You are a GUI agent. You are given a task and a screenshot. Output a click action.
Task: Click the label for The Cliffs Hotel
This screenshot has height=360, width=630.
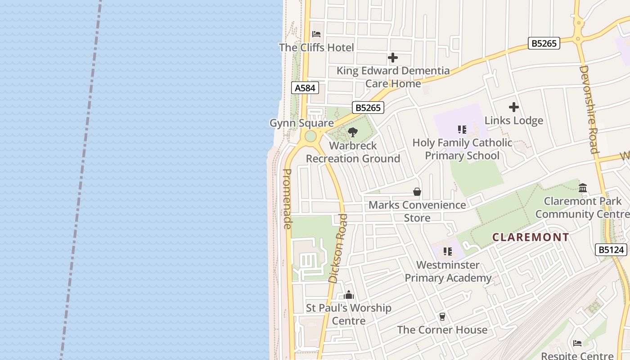[316, 48]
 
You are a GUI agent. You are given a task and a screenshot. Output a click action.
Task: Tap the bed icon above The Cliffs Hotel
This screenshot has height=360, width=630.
[316, 34]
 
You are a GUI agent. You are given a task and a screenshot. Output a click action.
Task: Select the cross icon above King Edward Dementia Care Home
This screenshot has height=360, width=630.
[393, 58]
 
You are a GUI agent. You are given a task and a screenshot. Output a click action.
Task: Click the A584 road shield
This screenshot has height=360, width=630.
[305, 88]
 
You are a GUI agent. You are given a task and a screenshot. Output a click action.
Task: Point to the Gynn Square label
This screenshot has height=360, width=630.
[301, 123]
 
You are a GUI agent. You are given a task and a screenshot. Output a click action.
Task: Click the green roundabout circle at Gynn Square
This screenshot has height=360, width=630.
[310, 136]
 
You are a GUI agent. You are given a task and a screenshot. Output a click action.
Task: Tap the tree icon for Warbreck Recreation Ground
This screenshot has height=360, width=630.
[353, 132]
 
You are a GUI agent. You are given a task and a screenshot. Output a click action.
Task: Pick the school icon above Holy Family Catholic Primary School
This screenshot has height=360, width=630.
[462, 130]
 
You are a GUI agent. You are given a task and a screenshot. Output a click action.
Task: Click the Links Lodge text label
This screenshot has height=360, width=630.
[513, 121]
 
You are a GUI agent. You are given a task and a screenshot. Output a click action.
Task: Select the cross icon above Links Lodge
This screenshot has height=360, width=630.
[513, 107]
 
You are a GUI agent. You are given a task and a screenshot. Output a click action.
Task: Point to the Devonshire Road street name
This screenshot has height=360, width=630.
[589, 109]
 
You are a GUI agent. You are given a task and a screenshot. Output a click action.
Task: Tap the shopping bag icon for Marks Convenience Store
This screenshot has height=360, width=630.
[417, 192]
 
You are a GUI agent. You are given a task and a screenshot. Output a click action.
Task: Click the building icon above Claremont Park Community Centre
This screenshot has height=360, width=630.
[583, 188]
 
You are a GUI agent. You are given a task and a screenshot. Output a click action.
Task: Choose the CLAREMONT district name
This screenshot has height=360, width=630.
[531, 237]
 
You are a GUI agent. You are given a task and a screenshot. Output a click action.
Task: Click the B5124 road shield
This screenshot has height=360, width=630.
[611, 250]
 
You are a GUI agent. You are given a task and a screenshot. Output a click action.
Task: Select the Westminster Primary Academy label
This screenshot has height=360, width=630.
[448, 271]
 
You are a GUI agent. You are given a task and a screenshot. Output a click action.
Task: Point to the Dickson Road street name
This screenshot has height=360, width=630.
[338, 248]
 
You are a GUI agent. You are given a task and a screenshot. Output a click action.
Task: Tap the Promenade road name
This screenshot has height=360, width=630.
[288, 198]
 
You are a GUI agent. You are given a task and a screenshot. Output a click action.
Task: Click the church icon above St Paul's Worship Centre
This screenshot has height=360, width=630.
[349, 295]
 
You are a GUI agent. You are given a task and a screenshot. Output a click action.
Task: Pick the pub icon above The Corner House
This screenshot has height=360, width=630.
[442, 317]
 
